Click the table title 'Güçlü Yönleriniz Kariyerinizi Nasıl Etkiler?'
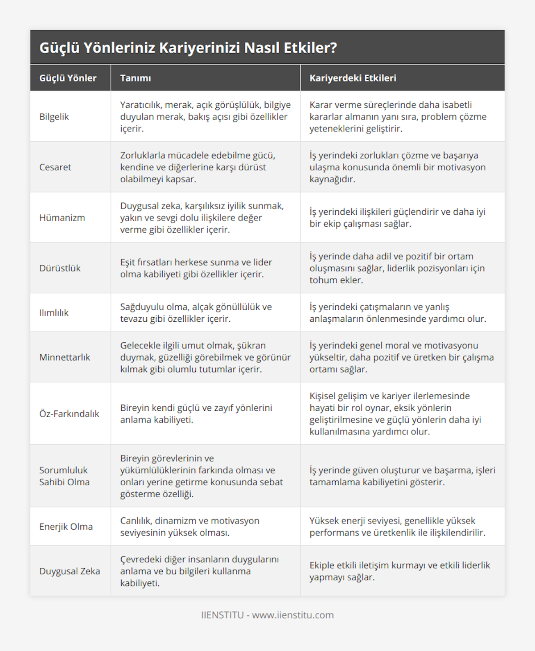point(188,48)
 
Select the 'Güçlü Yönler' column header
point(68,78)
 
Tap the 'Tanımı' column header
point(136,78)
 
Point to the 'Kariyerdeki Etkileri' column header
point(353,78)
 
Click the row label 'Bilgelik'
point(54,117)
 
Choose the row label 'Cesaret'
point(55,167)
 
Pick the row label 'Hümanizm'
point(62,217)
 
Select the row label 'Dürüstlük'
point(60,268)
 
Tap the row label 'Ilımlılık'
point(54,313)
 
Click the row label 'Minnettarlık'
point(65,357)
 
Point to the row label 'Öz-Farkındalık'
point(69,414)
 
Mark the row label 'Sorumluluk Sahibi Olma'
point(64,476)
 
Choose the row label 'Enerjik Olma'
point(66,527)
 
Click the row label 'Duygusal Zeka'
point(70,571)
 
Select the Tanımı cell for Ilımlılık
point(196,313)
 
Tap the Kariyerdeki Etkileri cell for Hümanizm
point(397,217)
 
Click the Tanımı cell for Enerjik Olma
point(189,527)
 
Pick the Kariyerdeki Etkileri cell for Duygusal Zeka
point(399,571)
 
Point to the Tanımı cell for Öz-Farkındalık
point(196,414)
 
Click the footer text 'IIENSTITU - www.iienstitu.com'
point(267,615)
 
